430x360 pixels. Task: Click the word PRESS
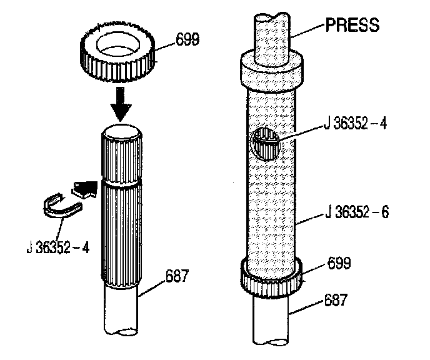coord(352,26)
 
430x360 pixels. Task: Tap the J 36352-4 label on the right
coord(355,123)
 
